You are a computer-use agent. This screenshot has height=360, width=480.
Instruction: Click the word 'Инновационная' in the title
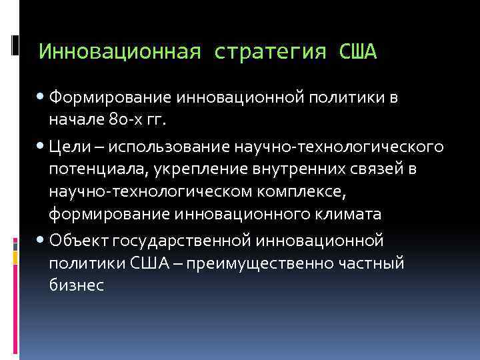(119, 51)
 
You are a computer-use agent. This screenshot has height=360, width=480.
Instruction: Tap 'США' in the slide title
(358, 51)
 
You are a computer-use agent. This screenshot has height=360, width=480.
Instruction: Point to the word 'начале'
(72, 122)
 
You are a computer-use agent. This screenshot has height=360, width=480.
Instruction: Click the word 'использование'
(157, 146)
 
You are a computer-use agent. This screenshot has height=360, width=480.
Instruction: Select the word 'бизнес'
(76, 285)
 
